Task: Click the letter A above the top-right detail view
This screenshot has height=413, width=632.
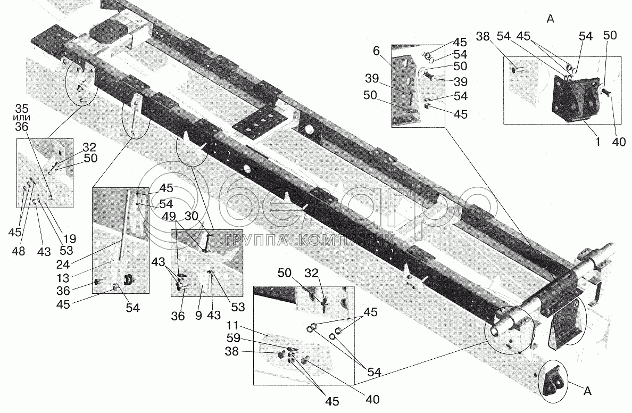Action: click(x=550, y=20)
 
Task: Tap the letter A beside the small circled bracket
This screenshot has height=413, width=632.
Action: click(x=587, y=392)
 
